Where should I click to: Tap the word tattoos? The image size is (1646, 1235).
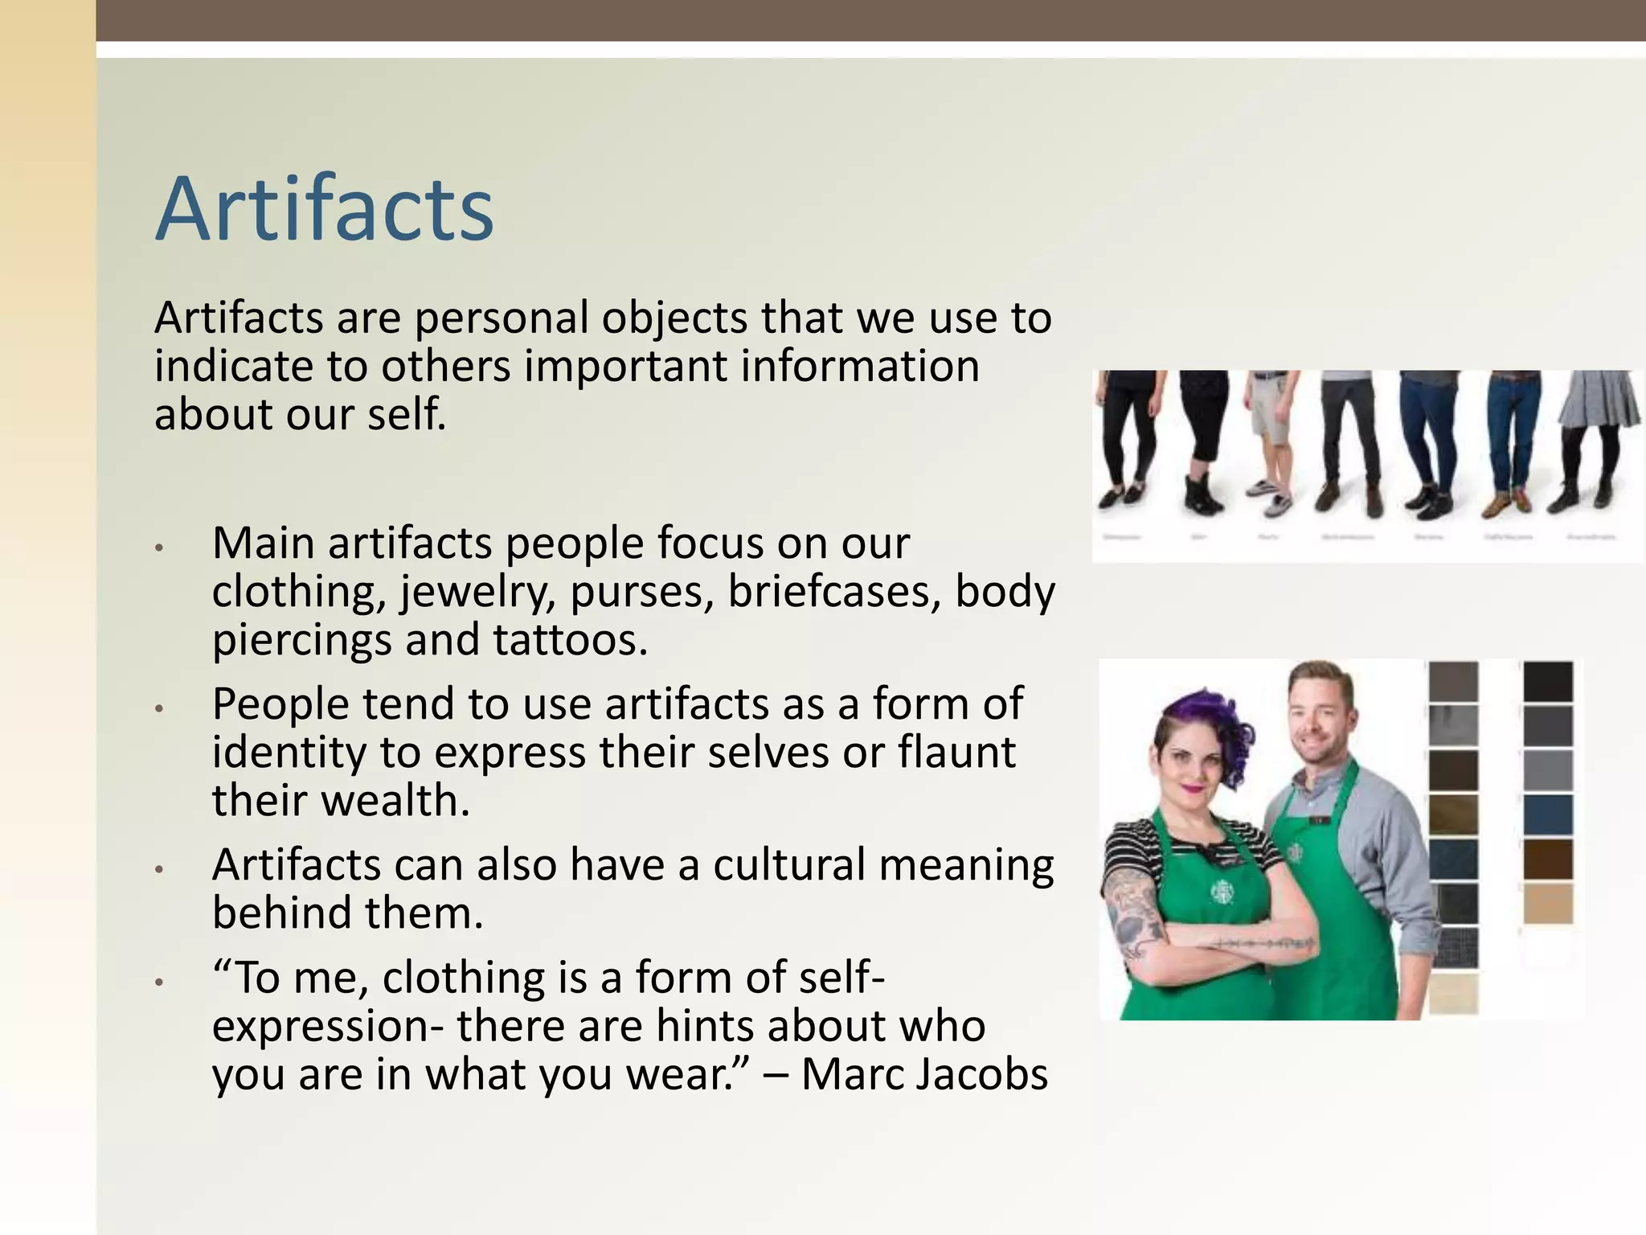(x=570, y=641)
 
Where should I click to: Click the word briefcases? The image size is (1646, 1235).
(x=834, y=593)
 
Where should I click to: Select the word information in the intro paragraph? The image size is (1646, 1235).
(x=859, y=367)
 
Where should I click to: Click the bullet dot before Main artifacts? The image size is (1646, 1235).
(x=160, y=548)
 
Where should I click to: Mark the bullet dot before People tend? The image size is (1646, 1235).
(x=160, y=708)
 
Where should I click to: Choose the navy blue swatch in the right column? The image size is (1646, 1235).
(x=1547, y=814)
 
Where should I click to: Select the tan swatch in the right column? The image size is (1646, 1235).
(x=1547, y=903)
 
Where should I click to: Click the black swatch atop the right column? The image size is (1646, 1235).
(x=1547, y=682)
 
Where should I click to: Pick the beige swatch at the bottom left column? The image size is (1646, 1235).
(x=1453, y=994)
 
